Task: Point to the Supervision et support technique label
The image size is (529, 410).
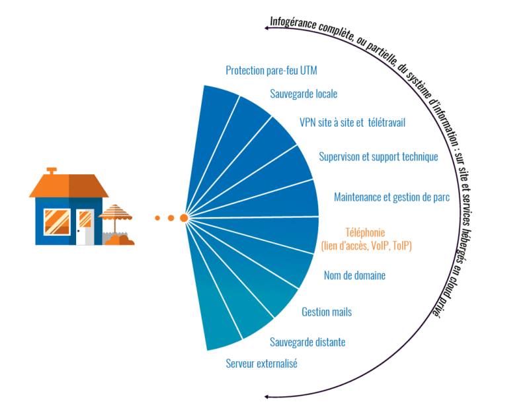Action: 378,157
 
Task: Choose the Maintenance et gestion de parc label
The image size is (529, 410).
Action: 392,196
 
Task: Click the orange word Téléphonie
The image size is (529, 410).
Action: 366,232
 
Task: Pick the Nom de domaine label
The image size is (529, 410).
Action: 354,275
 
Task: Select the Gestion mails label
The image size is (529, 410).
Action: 327,311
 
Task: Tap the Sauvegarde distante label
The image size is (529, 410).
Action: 307,342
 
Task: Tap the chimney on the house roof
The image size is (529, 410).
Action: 51,171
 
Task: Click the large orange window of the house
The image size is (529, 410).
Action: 56,221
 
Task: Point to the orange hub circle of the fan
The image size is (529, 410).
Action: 184,217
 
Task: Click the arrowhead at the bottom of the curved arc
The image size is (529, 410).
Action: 266,397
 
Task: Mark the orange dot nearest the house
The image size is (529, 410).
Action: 157,218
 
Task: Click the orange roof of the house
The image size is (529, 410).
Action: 68,186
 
